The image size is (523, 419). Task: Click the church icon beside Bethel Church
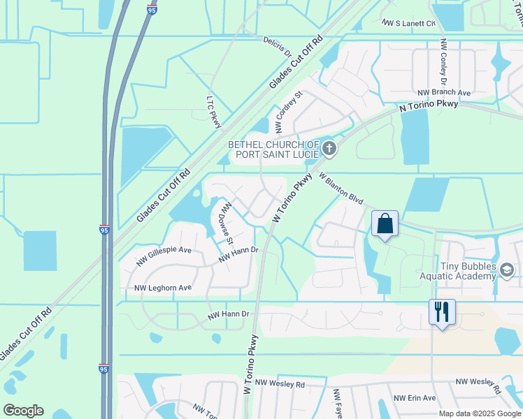330,148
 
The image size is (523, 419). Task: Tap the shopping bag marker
385,224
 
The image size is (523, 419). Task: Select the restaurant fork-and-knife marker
442,312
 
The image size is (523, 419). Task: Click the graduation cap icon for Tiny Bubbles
507,270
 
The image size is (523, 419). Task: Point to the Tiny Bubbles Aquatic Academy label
468,272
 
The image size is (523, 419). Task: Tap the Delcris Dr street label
278,47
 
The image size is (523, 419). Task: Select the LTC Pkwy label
214,112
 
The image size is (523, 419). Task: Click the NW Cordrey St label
289,112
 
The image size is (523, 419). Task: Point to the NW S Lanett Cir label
409,23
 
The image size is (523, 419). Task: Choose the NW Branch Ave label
444,92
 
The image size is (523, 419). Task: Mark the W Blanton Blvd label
341,189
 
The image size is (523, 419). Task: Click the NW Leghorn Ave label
162,288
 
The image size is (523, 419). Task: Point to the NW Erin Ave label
415,398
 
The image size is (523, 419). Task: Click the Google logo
23,411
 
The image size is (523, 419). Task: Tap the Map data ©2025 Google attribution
480,413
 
